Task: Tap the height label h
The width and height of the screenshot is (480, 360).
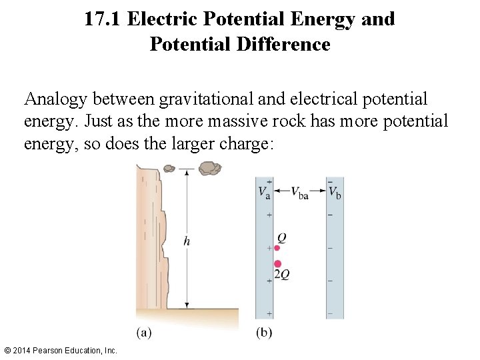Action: coord(187,241)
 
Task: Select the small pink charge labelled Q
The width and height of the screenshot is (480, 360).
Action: coord(277,248)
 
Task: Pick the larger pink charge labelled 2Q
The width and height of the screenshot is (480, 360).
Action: coord(278,263)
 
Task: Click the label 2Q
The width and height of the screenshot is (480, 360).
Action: coord(282,274)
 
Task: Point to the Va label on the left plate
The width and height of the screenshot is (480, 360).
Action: coord(265,193)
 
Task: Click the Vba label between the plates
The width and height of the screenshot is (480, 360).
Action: coord(299,193)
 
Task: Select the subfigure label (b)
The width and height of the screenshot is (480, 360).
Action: coord(264,332)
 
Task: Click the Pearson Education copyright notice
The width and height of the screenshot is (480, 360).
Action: coord(61,350)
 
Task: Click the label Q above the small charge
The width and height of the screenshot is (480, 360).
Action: coord(282,238)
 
